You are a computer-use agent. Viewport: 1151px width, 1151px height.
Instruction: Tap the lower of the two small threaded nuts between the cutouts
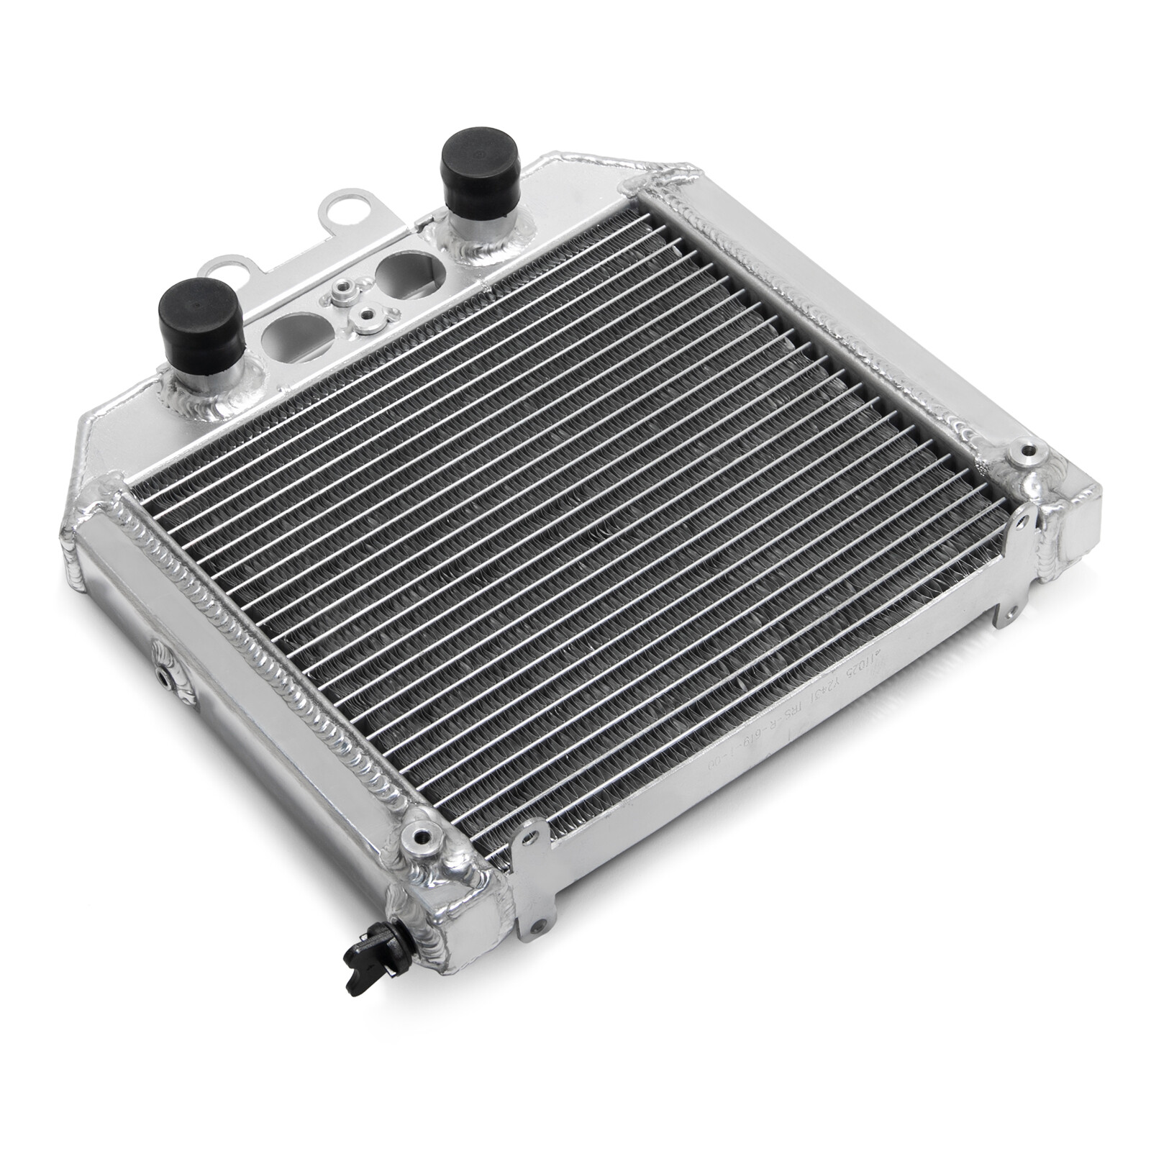(x=368, y=314)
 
